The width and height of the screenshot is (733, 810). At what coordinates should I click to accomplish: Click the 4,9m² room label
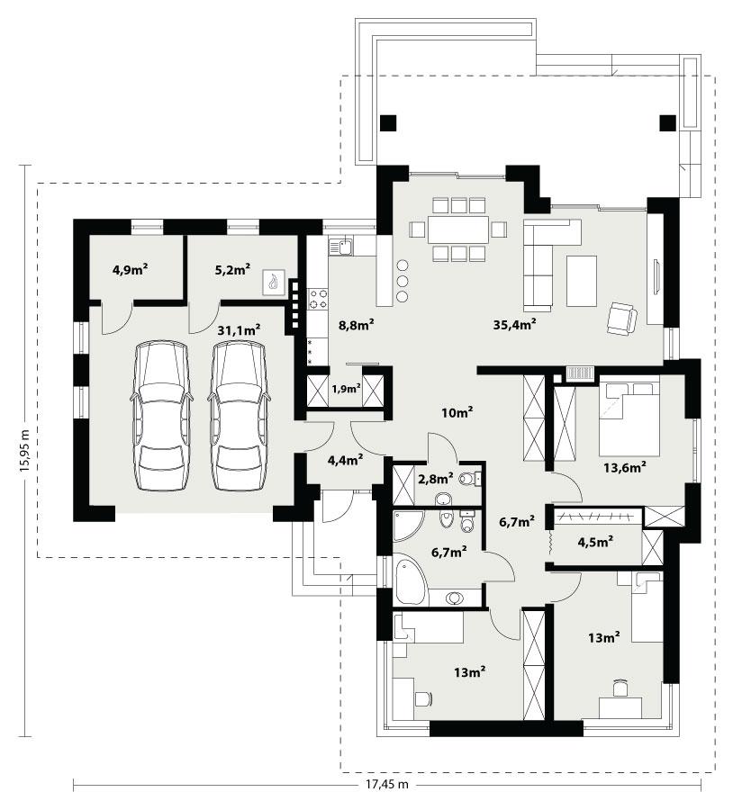click(x=130, y=268)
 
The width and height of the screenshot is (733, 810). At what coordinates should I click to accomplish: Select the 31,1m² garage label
click(x=239, y=330)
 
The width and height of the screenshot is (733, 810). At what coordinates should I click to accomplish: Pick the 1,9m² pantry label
click(x=346, y=390)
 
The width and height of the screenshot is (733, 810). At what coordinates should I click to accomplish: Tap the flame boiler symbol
click(x=274, y=283)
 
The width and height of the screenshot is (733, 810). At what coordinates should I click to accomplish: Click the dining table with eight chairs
click(x=457, y=229)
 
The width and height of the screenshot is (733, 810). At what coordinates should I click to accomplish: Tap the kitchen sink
click(x=342, y=245)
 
